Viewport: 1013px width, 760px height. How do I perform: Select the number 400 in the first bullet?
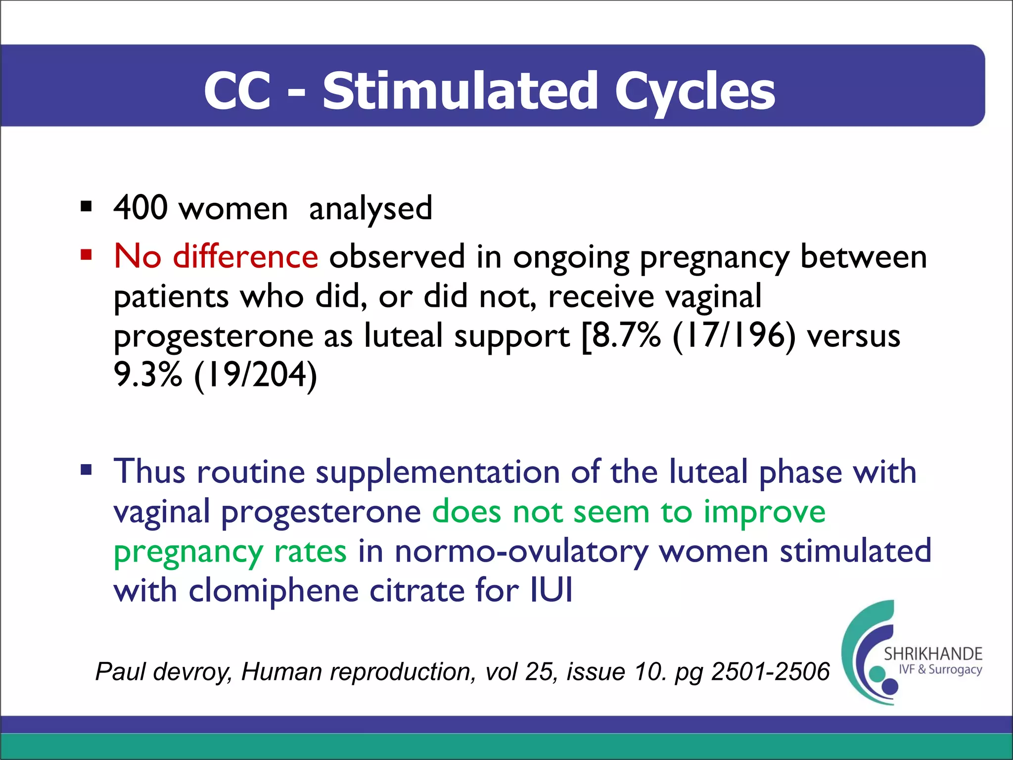point(140,208)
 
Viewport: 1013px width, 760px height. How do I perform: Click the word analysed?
point(370,209)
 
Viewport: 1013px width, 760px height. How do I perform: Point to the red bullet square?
point(87,255)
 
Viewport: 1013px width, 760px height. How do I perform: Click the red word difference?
point(245,257)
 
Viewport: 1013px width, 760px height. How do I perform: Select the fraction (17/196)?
point(734,336)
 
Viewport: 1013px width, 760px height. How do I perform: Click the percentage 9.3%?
point(148,375)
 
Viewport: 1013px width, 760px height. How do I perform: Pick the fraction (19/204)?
point(255,376)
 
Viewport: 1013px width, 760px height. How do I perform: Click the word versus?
point(853,336)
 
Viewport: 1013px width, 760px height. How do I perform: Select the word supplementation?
point(438,472)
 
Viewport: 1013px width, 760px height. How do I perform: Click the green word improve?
point(764,512)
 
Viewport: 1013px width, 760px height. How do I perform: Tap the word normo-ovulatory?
point(521,552)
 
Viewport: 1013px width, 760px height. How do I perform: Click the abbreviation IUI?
point(551,590)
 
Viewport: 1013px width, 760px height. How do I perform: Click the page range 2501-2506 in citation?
point(770,672)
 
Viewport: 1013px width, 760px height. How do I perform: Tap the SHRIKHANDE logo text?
point(932,654)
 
